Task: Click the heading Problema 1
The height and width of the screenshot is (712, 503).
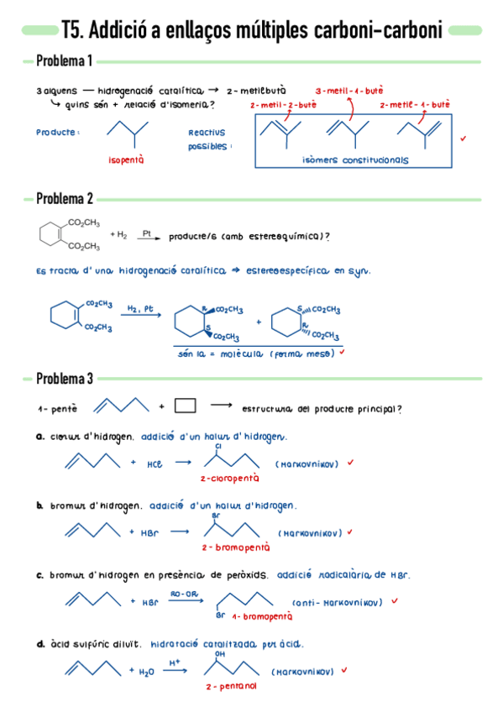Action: click(65, 62)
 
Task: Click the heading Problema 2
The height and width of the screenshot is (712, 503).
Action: click(65, 199)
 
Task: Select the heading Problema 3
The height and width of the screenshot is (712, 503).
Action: click(65, 379)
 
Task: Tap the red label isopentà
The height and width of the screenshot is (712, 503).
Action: click(126, 159)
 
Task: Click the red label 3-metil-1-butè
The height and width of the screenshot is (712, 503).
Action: click(349, 90)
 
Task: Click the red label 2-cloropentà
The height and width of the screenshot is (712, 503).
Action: click(229, 478)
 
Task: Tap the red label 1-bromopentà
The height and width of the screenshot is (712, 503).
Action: click(262, 615)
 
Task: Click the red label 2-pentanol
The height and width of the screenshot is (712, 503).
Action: click(230, 686)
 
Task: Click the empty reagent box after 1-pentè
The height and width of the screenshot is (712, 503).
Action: click(185, 406)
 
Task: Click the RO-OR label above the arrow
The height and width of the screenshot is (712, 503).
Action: click(183, 593)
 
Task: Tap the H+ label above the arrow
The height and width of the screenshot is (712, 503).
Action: click(175, 662)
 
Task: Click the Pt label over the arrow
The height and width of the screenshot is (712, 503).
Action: click(146, 234)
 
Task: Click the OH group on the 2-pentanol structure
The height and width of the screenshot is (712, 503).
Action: click(220, 652)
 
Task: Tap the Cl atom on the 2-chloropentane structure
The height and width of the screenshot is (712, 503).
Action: click(217, 446)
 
